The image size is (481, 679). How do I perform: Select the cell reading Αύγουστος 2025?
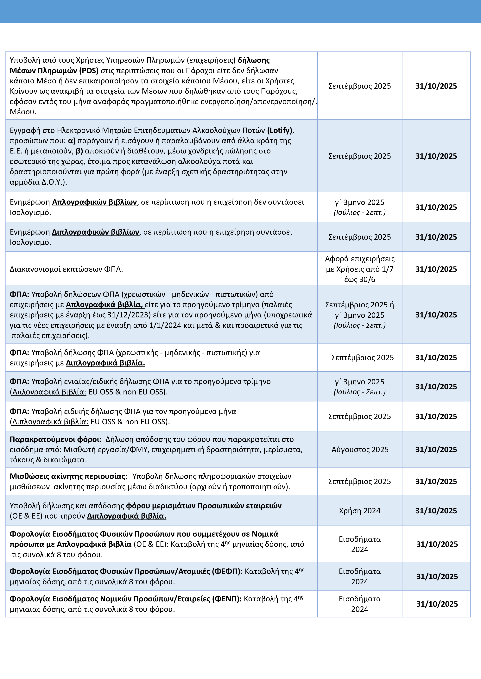[360, 449]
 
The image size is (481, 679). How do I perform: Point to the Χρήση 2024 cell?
[360, 511]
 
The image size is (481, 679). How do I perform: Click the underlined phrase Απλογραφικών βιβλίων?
[94, 202]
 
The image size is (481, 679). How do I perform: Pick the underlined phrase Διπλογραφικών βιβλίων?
[95, 232]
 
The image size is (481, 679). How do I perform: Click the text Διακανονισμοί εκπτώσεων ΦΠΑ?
[66, 269]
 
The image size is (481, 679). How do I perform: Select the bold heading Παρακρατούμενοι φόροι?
[55, 439]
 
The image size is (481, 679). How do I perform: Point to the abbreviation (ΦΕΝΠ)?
[227, 599]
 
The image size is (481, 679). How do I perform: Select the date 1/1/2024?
[165, 325]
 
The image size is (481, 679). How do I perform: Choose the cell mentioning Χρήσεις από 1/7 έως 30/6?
[360, 269]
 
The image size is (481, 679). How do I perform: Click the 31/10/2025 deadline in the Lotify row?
[436, 156]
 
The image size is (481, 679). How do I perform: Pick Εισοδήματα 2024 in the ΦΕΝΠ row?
[360, 604]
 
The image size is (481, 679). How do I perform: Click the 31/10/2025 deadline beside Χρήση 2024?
[436, 511]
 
